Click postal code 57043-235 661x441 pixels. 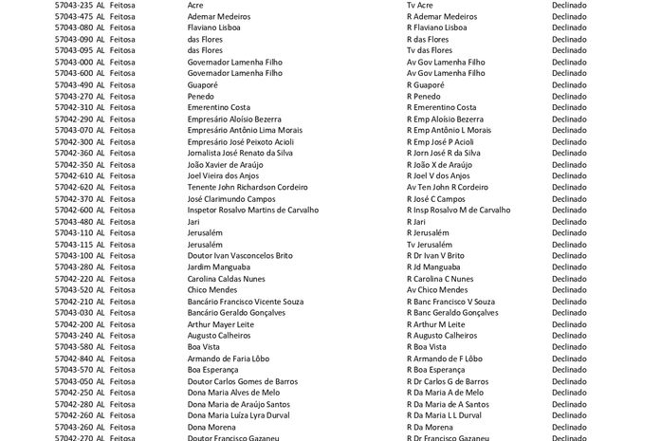[74, 5]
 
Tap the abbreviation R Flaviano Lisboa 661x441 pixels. [436, 28]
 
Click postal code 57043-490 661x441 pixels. [74, 84]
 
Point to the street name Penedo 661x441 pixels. [201, 96]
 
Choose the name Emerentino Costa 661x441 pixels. [219, 107]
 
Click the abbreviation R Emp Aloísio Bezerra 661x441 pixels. [444, 119]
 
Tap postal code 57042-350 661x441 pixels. [74, 164]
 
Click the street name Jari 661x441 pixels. [194, 221]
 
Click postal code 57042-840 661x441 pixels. [74, 358]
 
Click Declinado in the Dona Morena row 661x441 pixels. [569, 426]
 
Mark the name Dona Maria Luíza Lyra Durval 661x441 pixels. [239, 414]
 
